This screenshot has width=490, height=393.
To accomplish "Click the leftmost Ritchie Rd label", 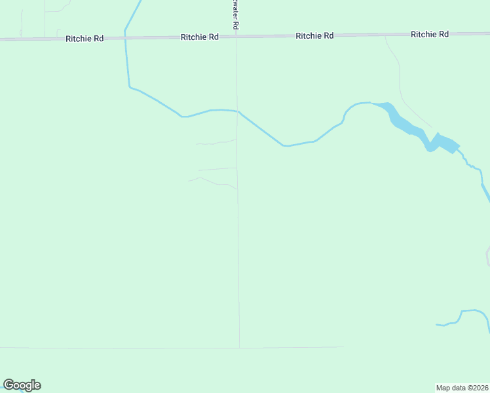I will point(85,39).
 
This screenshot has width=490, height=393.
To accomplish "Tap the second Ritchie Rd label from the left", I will point(200,37).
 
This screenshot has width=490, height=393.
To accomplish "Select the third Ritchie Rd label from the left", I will point(314,35).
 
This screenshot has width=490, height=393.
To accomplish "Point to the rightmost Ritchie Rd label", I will point(430,33).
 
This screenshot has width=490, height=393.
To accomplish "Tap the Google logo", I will point(22,385).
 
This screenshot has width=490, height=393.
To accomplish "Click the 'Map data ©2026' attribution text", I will point(462,388).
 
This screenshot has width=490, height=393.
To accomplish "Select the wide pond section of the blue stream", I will point(442,142).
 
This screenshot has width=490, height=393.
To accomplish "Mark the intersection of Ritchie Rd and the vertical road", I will point(236,37).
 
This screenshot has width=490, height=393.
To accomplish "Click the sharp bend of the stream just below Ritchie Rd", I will point(130,86).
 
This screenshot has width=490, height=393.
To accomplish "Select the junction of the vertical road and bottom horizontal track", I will point(239,347).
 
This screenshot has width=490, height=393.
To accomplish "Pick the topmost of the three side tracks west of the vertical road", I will point(216,142).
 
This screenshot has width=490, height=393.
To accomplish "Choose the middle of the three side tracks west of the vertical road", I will point(218,169).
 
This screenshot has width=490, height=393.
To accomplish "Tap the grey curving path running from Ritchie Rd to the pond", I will point(401,85).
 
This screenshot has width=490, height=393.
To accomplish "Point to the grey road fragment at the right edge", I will point(488,257).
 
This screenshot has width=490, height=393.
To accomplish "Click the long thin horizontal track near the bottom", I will point(131,348).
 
